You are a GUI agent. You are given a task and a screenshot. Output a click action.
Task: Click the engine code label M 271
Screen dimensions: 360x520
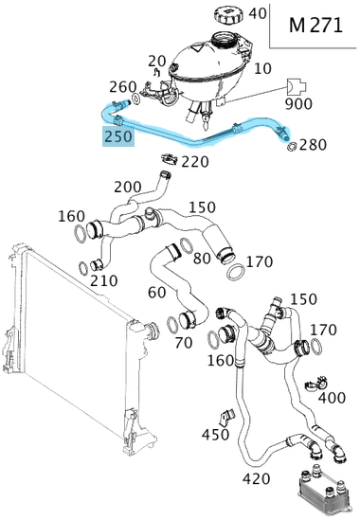tap(315, 26)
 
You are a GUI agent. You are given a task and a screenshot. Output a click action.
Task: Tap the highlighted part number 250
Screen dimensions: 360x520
tap(118, 136)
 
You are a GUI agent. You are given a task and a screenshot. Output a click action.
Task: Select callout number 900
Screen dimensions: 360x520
tap(298, 104)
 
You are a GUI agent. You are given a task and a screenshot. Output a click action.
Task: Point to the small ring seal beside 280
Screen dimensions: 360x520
tap(292, 146)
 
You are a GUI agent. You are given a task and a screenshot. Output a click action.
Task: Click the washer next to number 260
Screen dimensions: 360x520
tap(136, 99)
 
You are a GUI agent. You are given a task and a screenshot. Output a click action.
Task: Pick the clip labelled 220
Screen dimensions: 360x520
tap(170, 159)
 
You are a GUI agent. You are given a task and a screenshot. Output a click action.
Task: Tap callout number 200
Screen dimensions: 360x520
tap(128, 188)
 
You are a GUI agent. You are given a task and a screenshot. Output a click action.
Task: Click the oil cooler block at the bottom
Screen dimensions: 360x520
tap(325, 493)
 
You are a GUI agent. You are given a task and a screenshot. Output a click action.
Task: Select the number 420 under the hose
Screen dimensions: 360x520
tap(256, 479)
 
